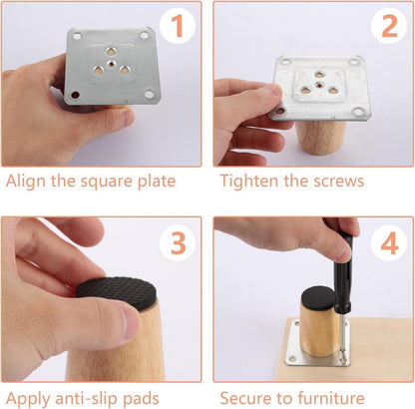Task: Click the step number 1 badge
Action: click(x=178, y=26)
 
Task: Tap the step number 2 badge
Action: click(x=389, y=26)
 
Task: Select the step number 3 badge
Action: click(x=178, y=243)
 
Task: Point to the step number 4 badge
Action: click(x=389, y=243)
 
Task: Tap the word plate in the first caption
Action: click(x=157, y=183)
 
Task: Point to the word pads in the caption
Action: click(x=141, y=399)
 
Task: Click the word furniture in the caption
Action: click(x=331, y=398)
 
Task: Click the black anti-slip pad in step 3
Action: click(x=117, y=291)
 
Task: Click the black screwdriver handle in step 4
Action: click(x=341, y=266)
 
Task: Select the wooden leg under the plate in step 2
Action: click(x=320, y=138)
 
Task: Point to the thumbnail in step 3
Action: click(x=131, y=323)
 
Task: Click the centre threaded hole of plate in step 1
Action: click(x=111, y=63)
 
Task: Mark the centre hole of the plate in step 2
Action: click(x=319, y=84)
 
